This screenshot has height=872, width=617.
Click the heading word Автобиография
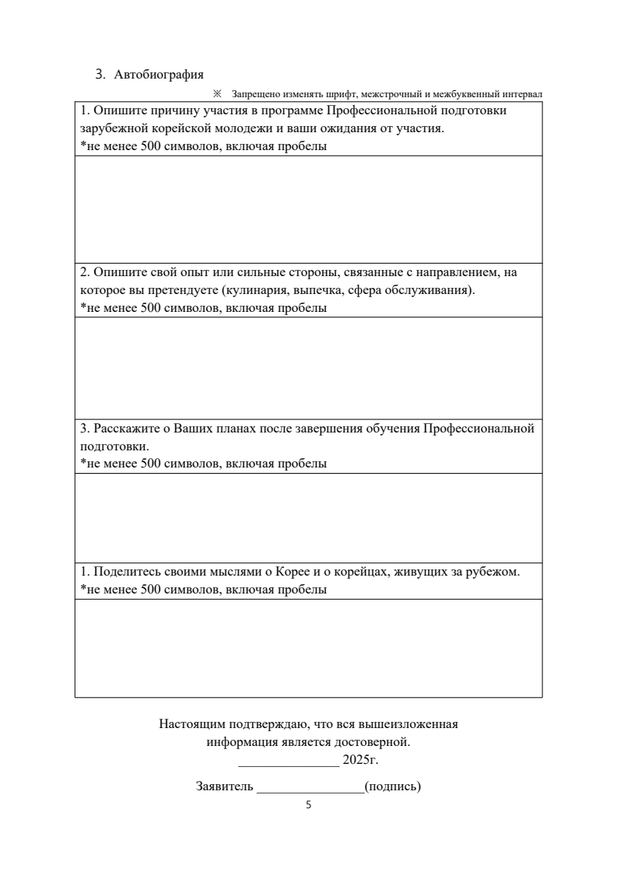point(159,75)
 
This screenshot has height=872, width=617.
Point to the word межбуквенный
point(475,94)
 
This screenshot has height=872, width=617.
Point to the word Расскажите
point(124,429)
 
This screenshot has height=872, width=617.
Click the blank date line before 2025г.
point(288,762)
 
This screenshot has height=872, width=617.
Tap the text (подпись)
point(392,786)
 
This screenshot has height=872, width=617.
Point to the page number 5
point(308,806)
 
